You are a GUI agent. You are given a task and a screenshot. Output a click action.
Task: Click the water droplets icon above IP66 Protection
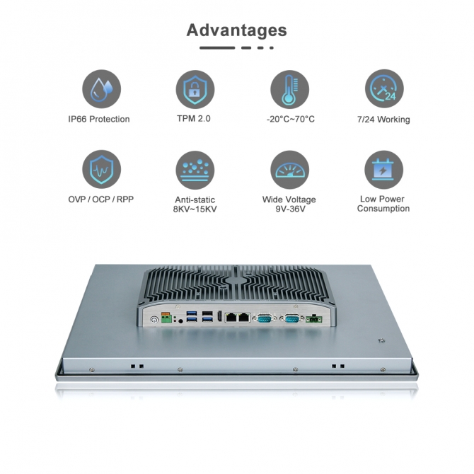click(102, 89)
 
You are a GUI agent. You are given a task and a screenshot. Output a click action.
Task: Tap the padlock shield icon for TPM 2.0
click(195, 89)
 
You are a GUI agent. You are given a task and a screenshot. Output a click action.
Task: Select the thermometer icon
click(289, 89)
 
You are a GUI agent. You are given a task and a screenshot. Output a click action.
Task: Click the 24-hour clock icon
click(384, 88)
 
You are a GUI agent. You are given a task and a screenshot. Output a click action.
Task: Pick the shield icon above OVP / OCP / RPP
click(102, 169)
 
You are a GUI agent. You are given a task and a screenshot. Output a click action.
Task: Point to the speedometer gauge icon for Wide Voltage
click(289, 170)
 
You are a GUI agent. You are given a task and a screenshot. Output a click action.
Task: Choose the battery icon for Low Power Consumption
click(383, 170)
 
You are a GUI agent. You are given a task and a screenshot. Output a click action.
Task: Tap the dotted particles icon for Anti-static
click(195, 170)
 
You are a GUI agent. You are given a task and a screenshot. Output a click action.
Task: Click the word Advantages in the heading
click(236, 30)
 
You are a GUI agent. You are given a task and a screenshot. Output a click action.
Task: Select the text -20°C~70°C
click(291, 119)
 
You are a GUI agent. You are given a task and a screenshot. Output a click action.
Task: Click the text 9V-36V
click(290, 209)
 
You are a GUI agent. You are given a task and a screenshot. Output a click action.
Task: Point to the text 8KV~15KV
click(195, 209)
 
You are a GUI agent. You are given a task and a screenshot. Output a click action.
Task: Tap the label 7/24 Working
click(383, 120)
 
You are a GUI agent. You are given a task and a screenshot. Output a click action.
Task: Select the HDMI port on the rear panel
click(219, 316)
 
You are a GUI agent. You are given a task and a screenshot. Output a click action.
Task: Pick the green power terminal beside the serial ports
click(314, 319)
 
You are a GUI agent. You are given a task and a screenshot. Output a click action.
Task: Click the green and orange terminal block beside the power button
click(166, 318)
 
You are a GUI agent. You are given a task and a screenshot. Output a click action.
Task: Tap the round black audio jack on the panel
click(181, 321)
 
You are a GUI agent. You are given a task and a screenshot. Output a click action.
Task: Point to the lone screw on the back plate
click(381, 341)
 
